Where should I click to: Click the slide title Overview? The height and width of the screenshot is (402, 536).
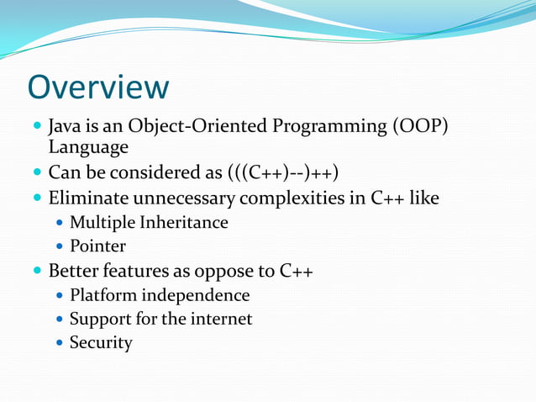pos(98,87)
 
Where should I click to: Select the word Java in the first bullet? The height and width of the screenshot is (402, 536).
pos(66,126)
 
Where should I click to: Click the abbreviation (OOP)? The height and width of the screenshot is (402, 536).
pos(419,126)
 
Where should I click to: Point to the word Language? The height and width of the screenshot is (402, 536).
pos(88,148)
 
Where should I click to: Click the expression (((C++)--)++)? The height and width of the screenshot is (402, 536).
pos(283,174)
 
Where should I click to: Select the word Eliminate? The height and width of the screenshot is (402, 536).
pos(87,199)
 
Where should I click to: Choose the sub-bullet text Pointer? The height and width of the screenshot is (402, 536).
pos(97,246)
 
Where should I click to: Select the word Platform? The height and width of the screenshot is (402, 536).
pos(102,296)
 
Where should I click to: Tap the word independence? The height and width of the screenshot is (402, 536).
pos(195,296)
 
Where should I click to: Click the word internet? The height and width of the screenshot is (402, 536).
pos(221,320)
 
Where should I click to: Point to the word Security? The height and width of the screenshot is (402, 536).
pos(101,343)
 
